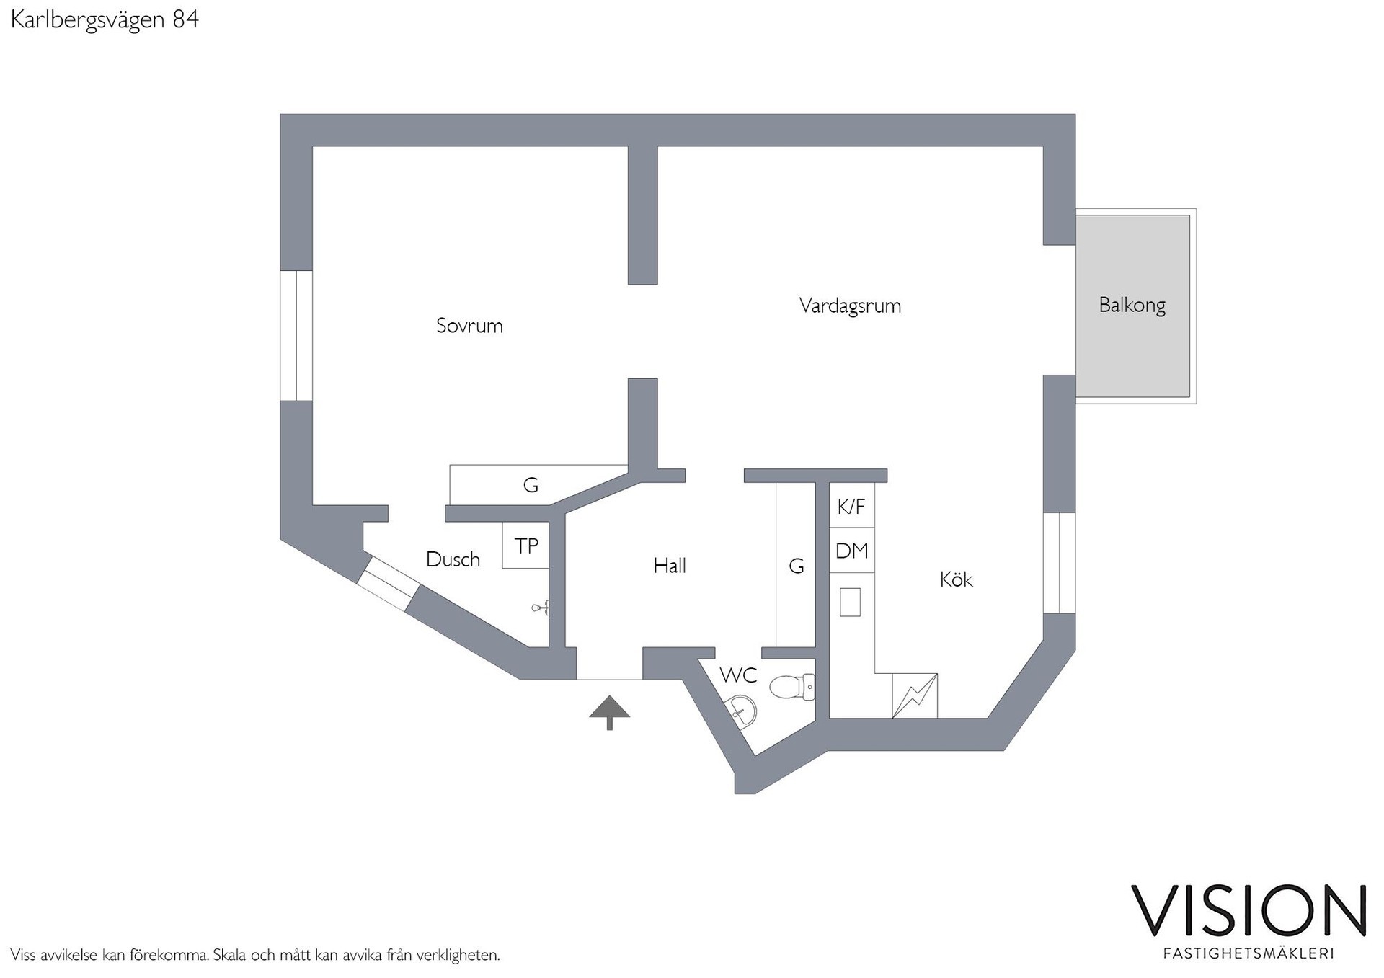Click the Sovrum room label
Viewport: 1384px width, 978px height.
click(x=469, y=326)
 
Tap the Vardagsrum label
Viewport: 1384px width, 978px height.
click(x=850, y=306)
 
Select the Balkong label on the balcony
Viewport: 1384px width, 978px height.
click(x=1132, y=306)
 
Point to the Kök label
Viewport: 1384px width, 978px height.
click(x=956, y=579)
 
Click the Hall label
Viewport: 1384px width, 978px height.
click(x=669, y=566)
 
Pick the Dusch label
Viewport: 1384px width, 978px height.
click(x=453, y=559)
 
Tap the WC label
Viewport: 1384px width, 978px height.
click(x=738, y=675)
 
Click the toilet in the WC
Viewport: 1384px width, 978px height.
click(x=792, y=688)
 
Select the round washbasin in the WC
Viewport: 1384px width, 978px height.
click(x=740, y=711)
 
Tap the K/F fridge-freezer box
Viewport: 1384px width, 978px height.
click(x=851, y=506)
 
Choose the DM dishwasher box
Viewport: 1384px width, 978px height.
click(x=851, y=551)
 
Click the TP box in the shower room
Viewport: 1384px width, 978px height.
click(x=525, y=546)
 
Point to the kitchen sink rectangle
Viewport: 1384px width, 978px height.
click(x=851, y=602)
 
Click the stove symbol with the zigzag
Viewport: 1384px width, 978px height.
click(x=915, y=695)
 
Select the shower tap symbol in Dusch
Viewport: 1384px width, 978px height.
click(x=541, y=608)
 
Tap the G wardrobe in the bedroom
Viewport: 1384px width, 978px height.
click(x=531, y=485)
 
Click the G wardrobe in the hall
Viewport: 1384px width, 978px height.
click(x=796, y=566)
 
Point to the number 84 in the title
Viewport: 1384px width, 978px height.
click(x=185, y=19)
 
